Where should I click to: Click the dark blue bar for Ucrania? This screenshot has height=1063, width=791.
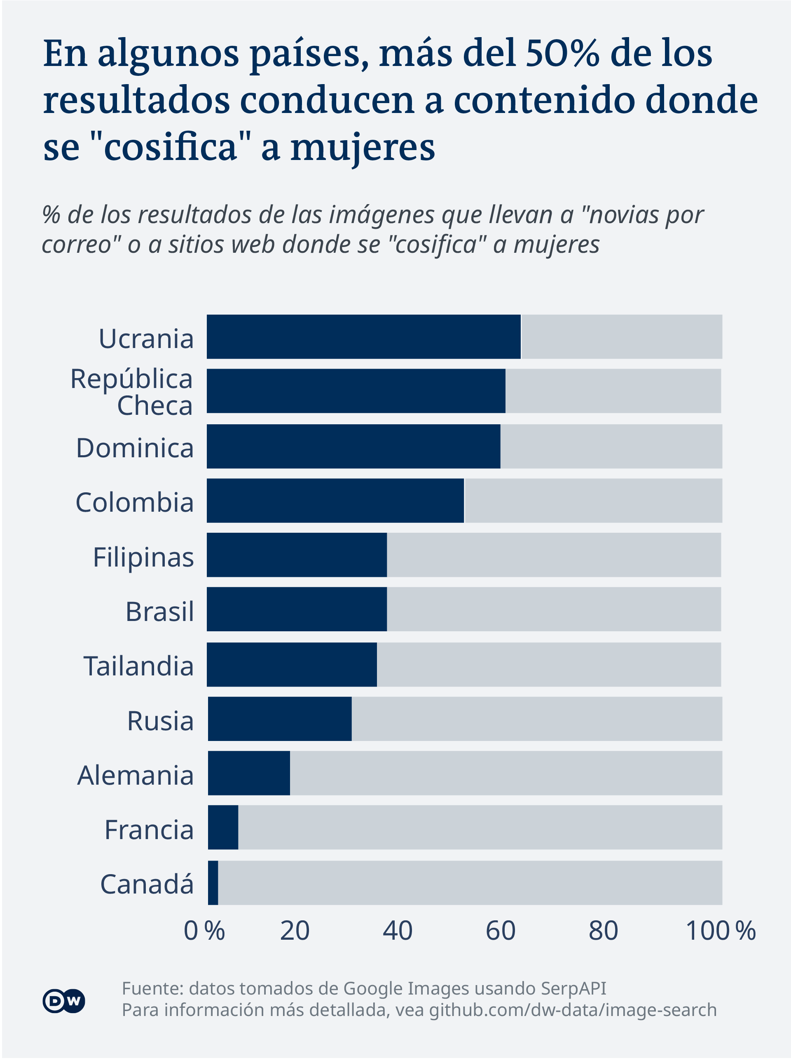[x=363, y=336]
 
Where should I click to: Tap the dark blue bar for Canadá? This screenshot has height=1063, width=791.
[x=213, y=883]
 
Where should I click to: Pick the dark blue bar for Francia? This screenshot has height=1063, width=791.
[x=223, y=827]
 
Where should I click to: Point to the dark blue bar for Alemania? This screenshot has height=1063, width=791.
[x=249, y=773]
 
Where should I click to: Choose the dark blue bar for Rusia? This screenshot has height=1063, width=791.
[x=280, y=718]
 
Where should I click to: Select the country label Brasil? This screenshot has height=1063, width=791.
[x=160, y=611]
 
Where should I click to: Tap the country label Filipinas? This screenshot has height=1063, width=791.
[x=143, y=557]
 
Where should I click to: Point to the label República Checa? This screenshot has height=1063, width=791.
[x=132, y=392]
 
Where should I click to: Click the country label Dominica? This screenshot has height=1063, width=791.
[x=135, y=448]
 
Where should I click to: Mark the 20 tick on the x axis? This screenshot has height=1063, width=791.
[x=295, y=931]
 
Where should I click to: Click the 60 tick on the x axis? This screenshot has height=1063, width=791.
[x=501, y=931]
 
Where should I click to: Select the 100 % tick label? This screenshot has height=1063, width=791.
[x=721, y=931]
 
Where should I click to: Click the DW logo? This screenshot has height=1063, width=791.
[x=64, y=1001]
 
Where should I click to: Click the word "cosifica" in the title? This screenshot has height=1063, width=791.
[x=171, y=147]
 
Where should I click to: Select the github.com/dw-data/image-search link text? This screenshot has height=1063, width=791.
[x=573, y=1010]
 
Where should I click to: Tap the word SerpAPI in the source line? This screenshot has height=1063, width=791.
[x=573, y=988]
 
